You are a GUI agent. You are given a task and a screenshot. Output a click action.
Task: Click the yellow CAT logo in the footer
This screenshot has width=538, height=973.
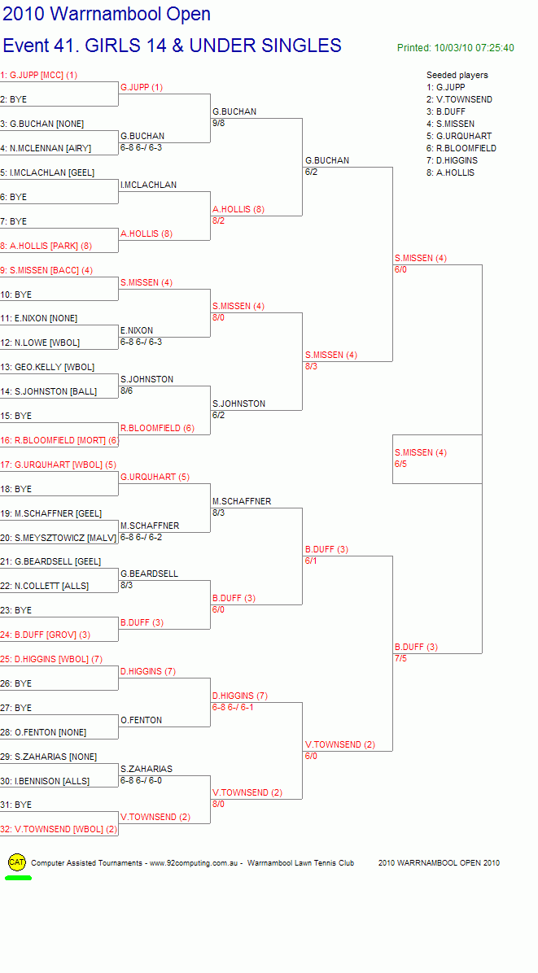point(17,862)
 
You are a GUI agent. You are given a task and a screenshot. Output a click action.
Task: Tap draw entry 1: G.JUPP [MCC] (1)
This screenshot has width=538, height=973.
point(39,75)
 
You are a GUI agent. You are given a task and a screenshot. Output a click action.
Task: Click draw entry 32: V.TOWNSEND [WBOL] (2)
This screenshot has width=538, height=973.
point(59,829)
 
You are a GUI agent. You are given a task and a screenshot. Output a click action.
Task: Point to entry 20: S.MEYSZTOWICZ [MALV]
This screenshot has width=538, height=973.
point(59,538)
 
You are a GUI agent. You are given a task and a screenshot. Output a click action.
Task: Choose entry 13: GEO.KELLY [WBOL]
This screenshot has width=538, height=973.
point(47,368)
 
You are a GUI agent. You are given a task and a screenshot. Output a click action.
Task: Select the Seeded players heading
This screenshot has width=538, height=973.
point(457,75)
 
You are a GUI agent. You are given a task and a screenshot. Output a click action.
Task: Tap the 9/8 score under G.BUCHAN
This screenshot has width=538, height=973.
point(218,123)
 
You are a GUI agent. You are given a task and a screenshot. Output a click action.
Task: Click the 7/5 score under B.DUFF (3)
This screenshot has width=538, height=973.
point(401,658)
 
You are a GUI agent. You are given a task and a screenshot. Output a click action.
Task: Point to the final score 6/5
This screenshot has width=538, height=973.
point(401,464)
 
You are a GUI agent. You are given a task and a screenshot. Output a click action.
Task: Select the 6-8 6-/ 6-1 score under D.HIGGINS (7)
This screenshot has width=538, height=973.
point(233,707)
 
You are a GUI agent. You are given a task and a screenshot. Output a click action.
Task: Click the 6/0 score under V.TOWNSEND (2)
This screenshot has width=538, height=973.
point(311,756)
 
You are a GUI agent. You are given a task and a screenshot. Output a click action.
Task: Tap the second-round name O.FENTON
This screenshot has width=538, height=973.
point(142,721)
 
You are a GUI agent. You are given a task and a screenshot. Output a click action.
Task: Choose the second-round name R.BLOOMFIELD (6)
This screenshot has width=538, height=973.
point(158,428)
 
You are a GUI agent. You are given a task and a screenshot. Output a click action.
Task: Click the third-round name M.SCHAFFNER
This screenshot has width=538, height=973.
point(242,501)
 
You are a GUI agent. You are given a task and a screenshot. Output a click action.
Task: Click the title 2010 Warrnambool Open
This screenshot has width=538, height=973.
point(107,14)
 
